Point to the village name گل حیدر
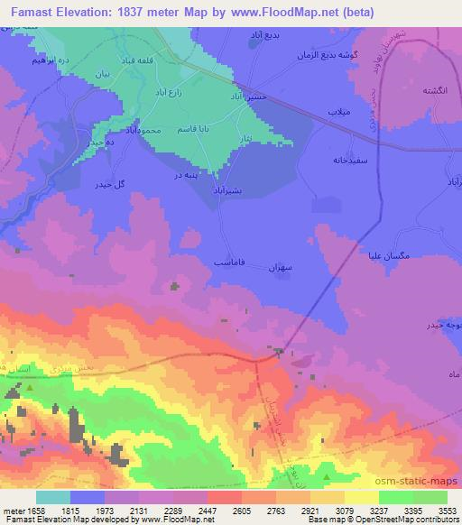(109, 184)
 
